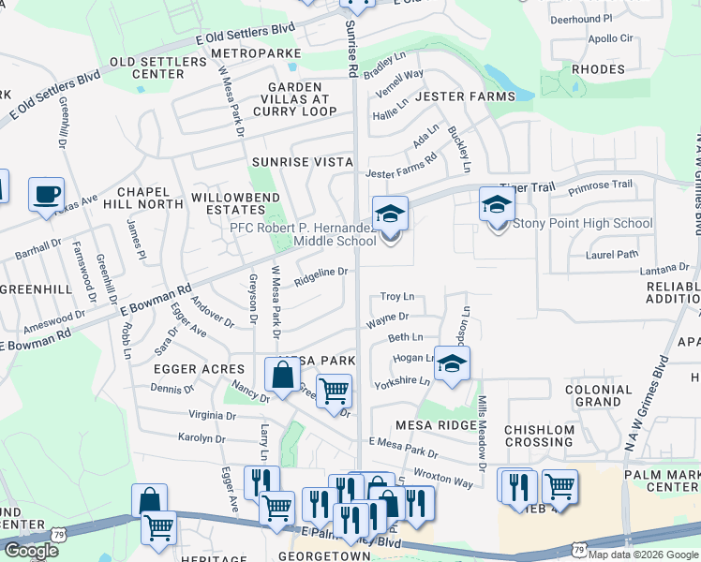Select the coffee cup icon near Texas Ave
click(46, 197)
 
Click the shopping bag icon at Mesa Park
click(282, 377)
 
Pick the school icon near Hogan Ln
click(452, 365)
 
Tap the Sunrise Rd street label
click(351, 49)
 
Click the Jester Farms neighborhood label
click(465, 96)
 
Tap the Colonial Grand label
click(599, 395)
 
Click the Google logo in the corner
click(31, 551)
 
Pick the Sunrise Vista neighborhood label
click(302, 162)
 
